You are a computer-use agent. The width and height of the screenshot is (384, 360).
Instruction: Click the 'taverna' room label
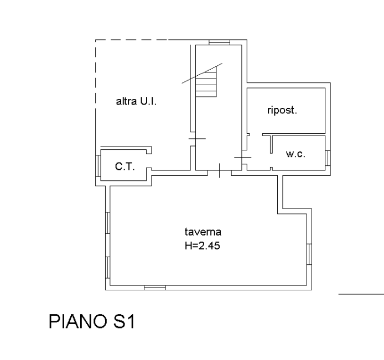coord(203,232)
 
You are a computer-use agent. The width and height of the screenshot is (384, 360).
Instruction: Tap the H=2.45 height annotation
coord(203,246)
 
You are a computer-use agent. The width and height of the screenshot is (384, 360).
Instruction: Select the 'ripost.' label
coord(282,111)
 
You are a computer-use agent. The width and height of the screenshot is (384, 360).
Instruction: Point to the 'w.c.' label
coord(295,154)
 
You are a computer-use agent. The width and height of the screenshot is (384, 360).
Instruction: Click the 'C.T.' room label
coord(125,166)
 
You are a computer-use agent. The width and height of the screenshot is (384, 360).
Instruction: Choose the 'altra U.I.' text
coord(136,101)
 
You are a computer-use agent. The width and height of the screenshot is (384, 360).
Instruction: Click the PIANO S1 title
coord(92,321)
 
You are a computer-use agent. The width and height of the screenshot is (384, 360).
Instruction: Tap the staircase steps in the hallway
coord(206,82)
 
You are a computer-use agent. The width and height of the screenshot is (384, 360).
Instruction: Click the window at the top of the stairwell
coord(220,43)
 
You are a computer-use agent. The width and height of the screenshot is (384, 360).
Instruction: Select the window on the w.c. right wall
coord(328,158)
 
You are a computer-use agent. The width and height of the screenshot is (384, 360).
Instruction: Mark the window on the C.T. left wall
coord(98,166)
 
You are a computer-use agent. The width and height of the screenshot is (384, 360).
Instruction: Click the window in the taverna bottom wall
coord(155,288)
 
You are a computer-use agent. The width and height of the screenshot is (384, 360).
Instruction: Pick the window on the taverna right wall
coord(309,254)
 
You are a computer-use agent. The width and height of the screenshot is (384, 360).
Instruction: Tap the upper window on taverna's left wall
coord(107,223)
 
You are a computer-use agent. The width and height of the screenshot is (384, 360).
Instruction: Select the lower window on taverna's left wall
coord(107,268)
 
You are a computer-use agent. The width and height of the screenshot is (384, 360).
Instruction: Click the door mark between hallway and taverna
coord(219,170)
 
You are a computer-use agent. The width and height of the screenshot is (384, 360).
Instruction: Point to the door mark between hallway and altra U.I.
coord(197,139)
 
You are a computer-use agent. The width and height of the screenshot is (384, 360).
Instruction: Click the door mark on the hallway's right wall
coord(243,158)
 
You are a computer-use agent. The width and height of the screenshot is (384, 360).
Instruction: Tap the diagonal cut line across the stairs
coord(202,73)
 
